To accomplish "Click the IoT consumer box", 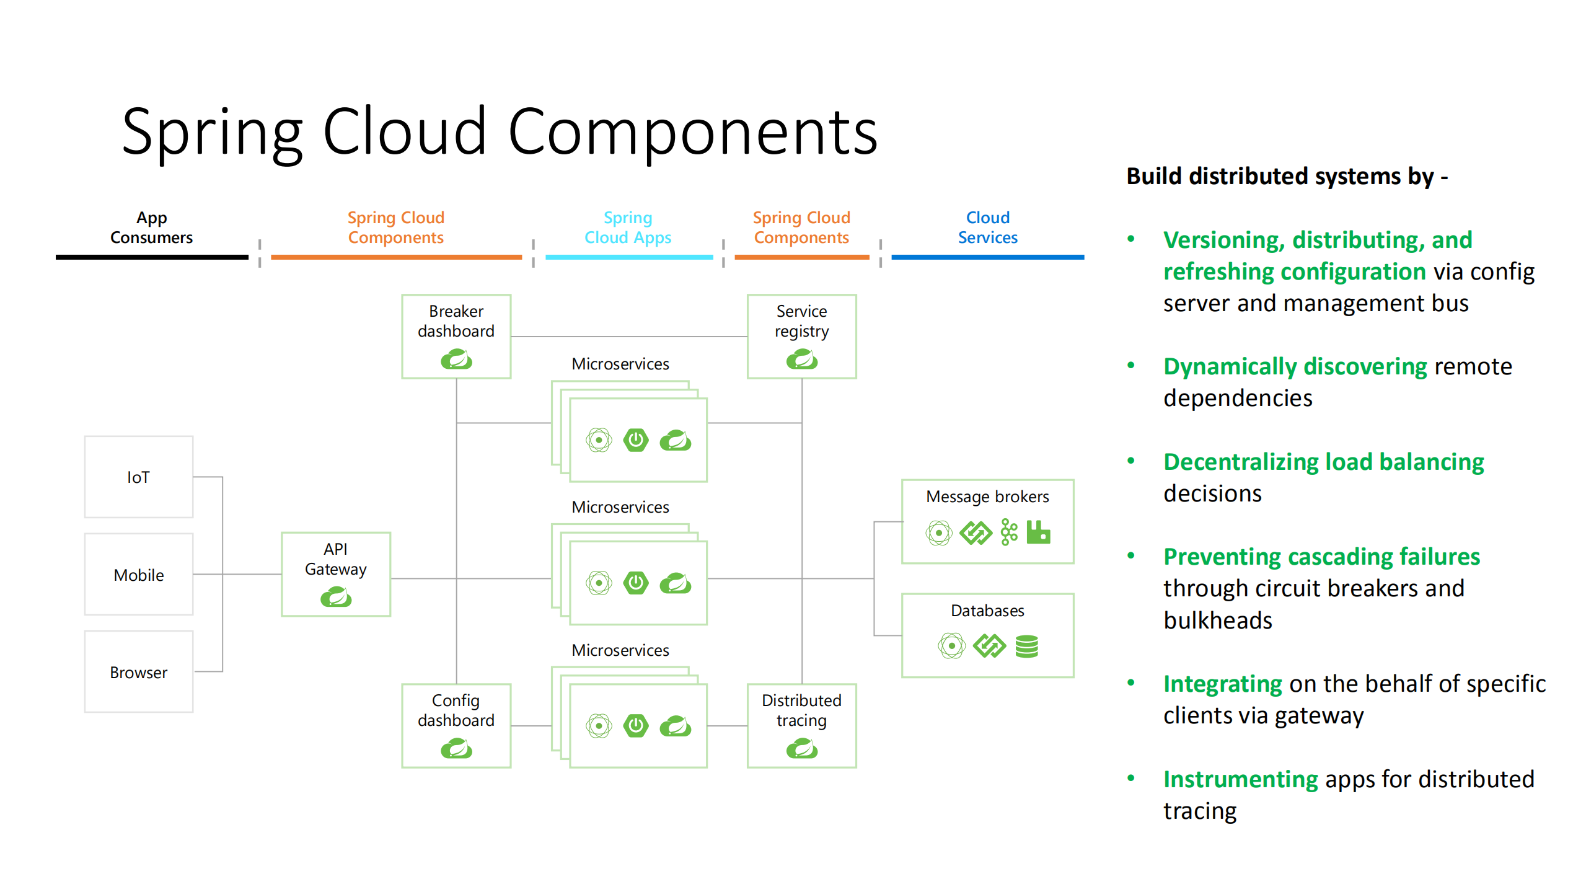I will pyautogui.click(x=138, y=477).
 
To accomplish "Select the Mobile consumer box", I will pyautogui.click(x=138, y=575).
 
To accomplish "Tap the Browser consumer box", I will pyautogui.click(x=138, y=672).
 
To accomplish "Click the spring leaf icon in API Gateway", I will pyautogui.click(x=336, y=598).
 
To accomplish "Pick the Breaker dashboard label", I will pyautogui.click(x=456, y=321).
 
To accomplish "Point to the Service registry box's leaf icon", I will pyautogui.click(x=801, y=359).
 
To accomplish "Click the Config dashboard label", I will pyautogui.click(x=456, y=710).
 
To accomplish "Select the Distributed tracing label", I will pyautogui.click(x=801, y=710).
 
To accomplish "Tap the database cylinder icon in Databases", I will pyautogui.click(x=1026, y=646).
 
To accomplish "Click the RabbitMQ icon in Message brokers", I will pyautogui.click(x=1038, y=532).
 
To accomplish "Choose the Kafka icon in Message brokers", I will pyautogui.click(x=1009, y=532).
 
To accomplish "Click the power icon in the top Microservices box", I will pyautogui.click(x=636, y=440).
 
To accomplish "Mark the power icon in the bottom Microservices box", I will pyautogui.click(x=636, y=725).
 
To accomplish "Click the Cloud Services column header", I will pyautogui.click(x=987, y=227).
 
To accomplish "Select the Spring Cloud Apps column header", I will pyautogui.click(x=628, y=227).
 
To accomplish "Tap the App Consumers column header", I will pyautogui.click(x=151, y=227).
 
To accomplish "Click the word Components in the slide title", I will pyautogui.click(x=692, y=131).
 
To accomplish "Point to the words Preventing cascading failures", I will pyautogui.click(x=1321, y=557).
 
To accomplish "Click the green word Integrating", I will pyautogui.click(x=1222, y=684).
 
